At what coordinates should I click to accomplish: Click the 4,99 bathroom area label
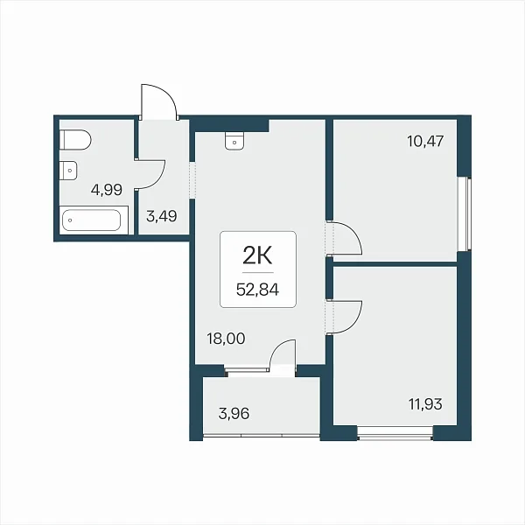(107, 190)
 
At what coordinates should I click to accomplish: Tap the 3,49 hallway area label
(161, 216)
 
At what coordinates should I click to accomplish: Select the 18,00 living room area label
(226, 339)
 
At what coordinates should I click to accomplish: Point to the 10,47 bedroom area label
(425, 141)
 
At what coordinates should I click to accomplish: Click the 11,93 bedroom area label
(425, 403)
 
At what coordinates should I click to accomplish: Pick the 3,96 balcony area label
(234, 414)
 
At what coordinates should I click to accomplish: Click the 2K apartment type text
(257, 256)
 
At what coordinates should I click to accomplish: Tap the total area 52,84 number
(257, 290)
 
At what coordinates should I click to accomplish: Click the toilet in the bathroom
(75, 140)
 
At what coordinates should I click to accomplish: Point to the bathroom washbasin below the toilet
(68, 171)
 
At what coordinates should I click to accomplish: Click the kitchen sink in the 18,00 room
(234, 141)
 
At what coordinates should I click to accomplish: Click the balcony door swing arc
(277, 348)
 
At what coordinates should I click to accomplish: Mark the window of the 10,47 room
(465, 214)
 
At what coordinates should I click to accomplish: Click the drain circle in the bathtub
(70, 220)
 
